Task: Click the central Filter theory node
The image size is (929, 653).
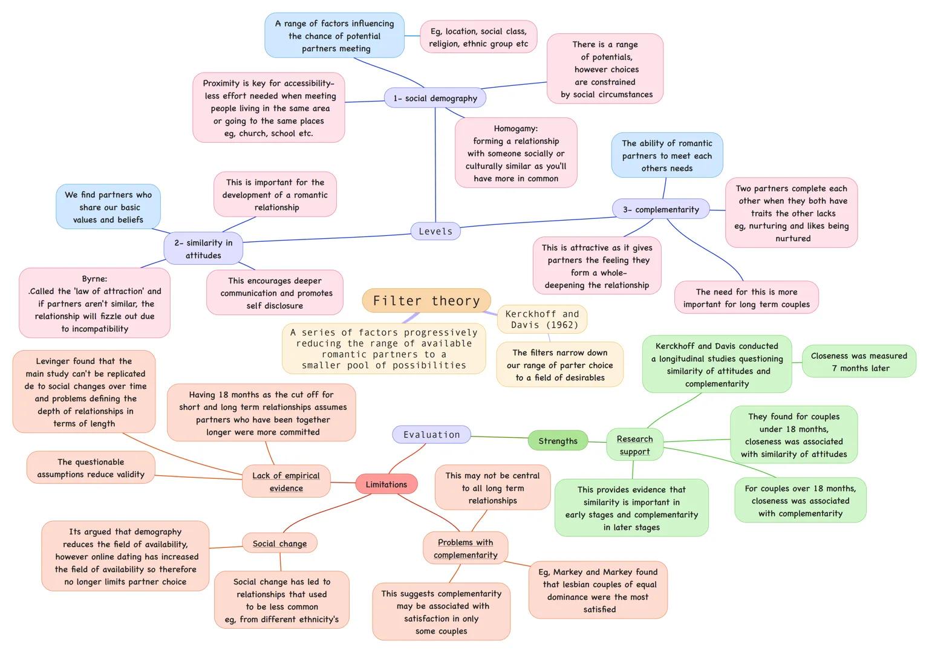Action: [426, 301]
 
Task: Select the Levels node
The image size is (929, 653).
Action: [435, 231]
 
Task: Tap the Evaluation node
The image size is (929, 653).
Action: [431, 434]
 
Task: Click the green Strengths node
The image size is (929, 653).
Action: [558, 441]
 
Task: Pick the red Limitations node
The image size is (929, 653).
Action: [386, 484]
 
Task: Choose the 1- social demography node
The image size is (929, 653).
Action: [435, 98]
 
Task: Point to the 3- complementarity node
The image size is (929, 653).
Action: [660, 209]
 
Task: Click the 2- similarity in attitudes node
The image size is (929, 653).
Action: [203, 249]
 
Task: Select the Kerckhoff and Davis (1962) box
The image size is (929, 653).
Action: [542, 319]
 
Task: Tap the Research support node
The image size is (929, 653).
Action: [634, 445]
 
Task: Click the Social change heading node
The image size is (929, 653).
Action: [279, 544]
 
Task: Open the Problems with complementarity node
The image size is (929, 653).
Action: [465, 548]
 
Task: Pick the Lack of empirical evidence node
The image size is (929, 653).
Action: [286, 481]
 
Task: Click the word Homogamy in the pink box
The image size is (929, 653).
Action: [515, 128]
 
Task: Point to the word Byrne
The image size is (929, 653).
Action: [94, 279]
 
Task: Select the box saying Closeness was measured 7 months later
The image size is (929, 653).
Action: [859, 362]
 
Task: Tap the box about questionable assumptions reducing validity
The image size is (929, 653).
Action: [91, 468]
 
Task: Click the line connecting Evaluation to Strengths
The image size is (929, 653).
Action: [500, 437]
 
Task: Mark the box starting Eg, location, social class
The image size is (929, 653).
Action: [478, 37]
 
